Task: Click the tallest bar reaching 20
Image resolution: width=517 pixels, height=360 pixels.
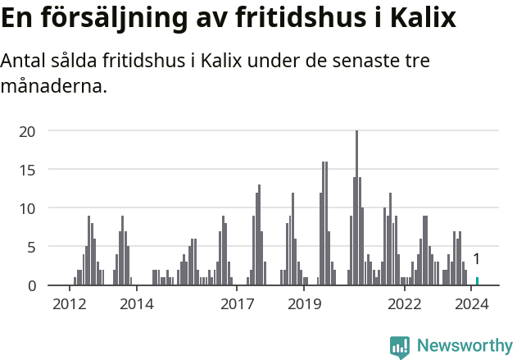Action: [x=356, y=208]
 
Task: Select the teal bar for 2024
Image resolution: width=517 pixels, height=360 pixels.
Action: [x=477, y=281]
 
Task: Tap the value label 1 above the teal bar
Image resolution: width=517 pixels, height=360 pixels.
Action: [x=476, y=259]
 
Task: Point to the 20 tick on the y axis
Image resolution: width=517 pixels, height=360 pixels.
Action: [x=27, y=131]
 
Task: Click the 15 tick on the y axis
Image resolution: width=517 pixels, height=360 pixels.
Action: [x=27, y=170]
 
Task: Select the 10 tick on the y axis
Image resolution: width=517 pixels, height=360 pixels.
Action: [x=27, y=208]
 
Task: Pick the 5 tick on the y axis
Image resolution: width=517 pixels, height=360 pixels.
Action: [x=31, y=247]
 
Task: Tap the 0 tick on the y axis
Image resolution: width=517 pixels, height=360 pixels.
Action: [x=31, y=285]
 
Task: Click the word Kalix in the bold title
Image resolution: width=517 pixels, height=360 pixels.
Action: [x=422, y=18]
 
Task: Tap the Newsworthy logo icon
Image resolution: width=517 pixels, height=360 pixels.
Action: [x=400, y=347]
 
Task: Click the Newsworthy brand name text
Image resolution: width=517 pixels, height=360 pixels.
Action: [x=465, y=346]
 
